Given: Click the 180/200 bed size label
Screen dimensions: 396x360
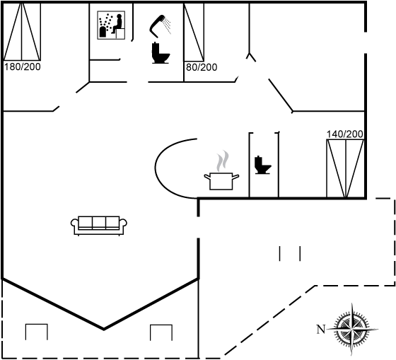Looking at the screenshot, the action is tap(23, 67).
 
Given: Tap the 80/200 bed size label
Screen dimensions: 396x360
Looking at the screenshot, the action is tap(202, 67).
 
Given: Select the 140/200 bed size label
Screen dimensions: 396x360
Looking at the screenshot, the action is tap(345, 134).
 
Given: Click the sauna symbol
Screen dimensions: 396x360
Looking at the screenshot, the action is tap(111, 25).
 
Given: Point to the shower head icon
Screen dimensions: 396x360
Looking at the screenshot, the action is tap(160, 26).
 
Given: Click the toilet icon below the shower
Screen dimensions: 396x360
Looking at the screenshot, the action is tap(161, 53).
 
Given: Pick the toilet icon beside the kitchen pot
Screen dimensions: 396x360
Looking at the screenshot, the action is tap(262, 165).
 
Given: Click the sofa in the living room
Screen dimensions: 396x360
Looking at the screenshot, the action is tap(99, 226).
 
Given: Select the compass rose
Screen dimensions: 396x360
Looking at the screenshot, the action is tap(352, 329).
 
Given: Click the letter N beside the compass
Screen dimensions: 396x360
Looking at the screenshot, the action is tap(320, 329).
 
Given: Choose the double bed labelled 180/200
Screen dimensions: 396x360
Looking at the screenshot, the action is tap(22, 32).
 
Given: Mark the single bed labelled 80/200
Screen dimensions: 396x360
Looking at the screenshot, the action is tap(194, 32).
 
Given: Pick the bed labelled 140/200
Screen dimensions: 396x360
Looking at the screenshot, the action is tap(345, 168).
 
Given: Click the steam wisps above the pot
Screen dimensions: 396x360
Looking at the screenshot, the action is tap(223, 161).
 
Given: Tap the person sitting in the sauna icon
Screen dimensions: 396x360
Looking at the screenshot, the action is tap(117, 24).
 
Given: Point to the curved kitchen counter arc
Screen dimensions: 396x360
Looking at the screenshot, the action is tap(155, 168).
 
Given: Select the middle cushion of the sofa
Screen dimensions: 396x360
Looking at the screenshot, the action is tap(99, 222).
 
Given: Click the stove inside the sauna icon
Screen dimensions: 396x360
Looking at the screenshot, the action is tap(103, 32).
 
